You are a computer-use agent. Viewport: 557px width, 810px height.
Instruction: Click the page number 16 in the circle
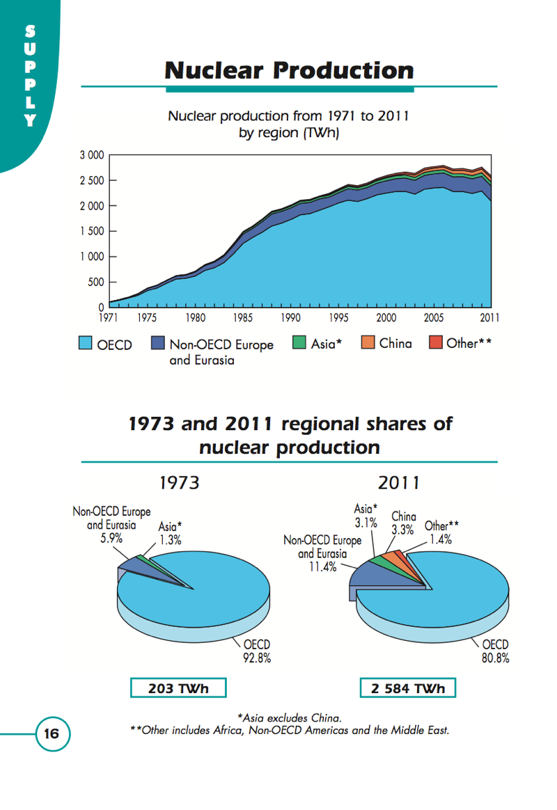tap(52, 733)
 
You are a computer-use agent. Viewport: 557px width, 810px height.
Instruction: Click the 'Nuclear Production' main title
tap(289, 70)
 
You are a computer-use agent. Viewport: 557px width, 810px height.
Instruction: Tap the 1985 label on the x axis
tap(242, 318)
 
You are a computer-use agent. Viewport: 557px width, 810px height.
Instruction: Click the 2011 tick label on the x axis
tap(489, 318)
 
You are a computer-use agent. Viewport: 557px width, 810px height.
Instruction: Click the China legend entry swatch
tap(368, 343)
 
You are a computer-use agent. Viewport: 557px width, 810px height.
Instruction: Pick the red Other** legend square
tap(435, 343)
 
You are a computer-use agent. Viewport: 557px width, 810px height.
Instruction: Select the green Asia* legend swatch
tap(299, 343)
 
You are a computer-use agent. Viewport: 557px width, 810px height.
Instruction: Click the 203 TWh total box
tap(178, 688)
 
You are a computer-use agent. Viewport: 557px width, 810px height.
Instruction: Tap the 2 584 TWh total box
tap(408, 688)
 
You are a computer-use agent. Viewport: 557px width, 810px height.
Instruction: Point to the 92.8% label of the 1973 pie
tap(256, 656)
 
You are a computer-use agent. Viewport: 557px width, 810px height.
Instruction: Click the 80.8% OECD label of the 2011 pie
tap(495, 656)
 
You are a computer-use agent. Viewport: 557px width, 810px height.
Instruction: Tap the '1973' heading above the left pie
tap(180, 482)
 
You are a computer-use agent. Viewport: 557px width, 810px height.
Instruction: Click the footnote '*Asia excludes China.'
tap(289, 717)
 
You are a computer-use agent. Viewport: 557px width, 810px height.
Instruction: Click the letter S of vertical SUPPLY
tap(29, 31)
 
